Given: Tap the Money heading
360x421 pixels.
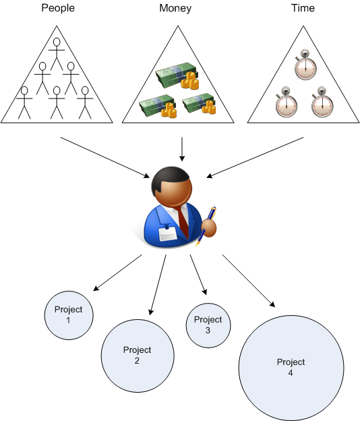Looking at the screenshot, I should coord(175,9).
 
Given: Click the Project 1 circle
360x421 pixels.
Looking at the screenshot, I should coord(68,314).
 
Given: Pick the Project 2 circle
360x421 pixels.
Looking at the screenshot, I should coord(137,355).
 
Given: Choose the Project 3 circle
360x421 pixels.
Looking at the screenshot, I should coord(208,325).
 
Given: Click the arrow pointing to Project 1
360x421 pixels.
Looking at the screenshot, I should coord(117,273).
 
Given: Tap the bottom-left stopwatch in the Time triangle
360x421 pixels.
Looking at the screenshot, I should coord(286,103).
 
